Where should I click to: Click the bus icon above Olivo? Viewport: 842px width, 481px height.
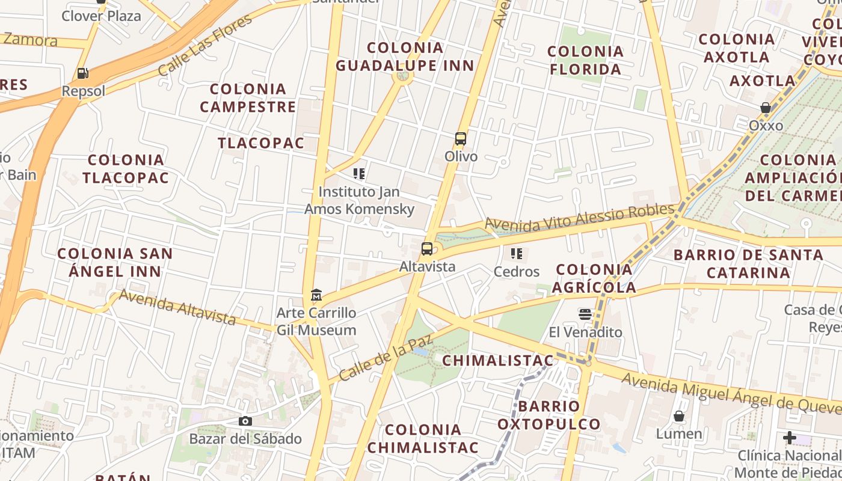tap(461, 139)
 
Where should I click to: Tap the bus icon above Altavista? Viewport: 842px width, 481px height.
tap(427, 248)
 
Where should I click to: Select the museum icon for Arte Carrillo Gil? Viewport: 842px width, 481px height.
tap(316, 295)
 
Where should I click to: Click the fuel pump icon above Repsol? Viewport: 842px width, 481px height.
tap(82, 74)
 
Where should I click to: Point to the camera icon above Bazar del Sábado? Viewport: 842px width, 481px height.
tap(245, 421)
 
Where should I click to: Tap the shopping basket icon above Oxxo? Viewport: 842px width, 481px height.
tap(766, 108)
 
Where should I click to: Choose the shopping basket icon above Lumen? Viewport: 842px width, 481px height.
tap(679, 416)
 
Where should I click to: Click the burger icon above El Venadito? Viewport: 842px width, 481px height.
tap(585, 314)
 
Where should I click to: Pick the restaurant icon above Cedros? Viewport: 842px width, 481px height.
tap(517, 254)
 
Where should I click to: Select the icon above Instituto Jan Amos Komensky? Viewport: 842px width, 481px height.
tap(359, 174)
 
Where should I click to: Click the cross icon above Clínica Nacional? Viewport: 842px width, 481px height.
tap(790, 438)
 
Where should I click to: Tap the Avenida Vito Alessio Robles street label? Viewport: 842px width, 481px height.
tap(580, 218)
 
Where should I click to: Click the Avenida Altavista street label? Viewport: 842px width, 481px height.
tap(177, 307)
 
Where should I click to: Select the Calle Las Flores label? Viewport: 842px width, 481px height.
tap(206, 45)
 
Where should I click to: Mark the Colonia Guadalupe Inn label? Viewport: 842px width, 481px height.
tap(405, 57)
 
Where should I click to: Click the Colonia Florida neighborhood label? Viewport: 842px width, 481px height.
tap(585, 60)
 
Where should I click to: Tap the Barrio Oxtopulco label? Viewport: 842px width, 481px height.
tap(549, 415)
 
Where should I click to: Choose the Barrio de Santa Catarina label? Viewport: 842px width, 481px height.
tap(748, 263)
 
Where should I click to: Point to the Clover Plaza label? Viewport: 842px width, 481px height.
tap(101, 16)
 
